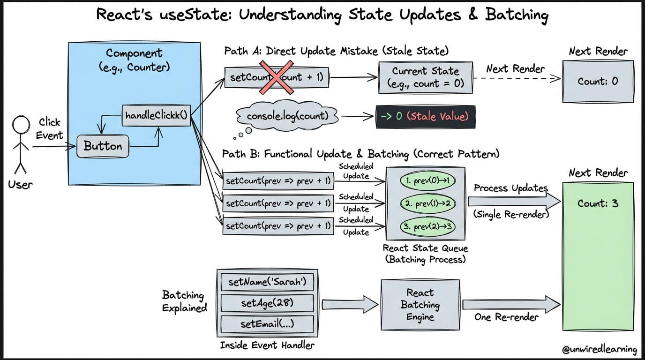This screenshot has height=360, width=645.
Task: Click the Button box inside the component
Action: (x=103, y=146)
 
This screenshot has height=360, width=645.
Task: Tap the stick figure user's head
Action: (x=21, y=126)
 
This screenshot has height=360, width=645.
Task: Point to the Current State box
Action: (x=425, y=77)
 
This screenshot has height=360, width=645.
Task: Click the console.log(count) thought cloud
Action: (x=287, y=115)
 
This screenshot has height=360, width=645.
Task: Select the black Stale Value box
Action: (x=425, y=115)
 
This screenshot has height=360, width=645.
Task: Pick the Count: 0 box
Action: (x=598, y=81)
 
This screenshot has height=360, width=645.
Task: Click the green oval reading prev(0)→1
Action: (x=426, y=180)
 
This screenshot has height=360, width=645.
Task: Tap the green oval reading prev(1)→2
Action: (x=426, y=203)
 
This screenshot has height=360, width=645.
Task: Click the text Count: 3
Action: (x=598, y=203)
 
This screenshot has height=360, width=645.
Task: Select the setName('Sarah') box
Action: (x=267, y=282)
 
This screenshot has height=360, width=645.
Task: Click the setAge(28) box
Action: (x=267, y=303)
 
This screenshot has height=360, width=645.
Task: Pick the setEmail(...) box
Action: (x=267, y=324)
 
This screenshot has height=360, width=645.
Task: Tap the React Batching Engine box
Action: (x=420, y=305)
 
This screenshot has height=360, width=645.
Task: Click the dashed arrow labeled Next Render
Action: (x=516, y=78)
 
